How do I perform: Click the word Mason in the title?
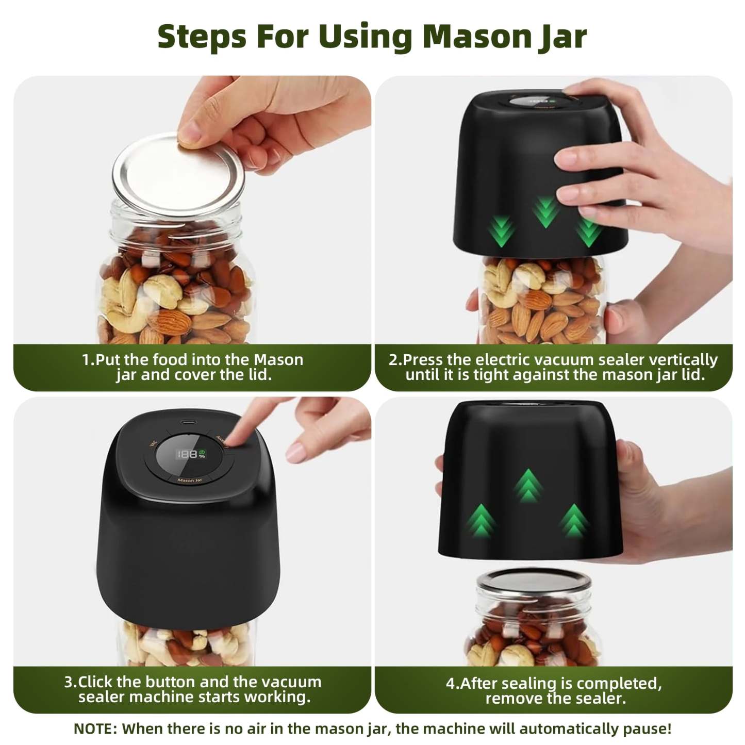pyautogui.click(x=477, y=36)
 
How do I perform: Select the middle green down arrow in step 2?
pyautogui.click(x=545, y=211)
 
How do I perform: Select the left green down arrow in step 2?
pyautogui.click(x=501, y=231)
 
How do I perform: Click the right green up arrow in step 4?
pyautogui.click(x=573, y=520)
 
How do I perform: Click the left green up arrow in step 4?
pyautogui.click(x=481, y=519)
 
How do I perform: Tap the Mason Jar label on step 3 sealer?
pyautogui.click(x=190, y=481)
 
